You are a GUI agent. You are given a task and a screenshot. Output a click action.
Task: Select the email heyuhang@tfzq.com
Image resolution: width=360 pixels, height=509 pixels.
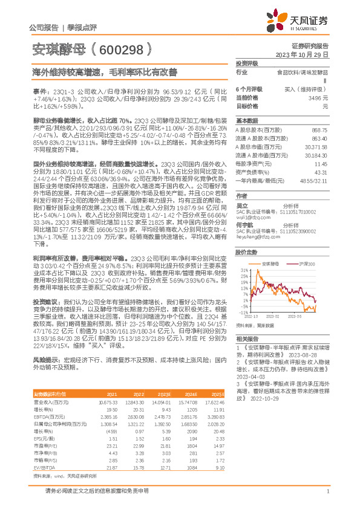pyautogui.click(x=255, y=238)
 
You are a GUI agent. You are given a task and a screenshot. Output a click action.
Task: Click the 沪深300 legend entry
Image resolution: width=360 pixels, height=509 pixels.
pyautogui.click(x=306, y=265)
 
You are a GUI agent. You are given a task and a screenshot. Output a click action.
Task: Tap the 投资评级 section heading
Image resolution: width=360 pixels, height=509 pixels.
pyautogui.click(x=247, y=63)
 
